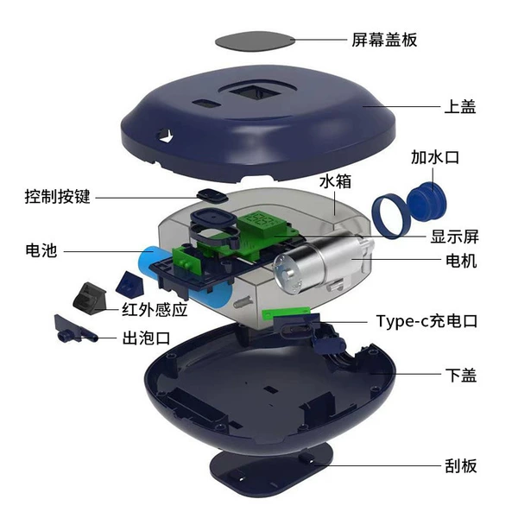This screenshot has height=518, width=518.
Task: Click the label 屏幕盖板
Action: [x=384, y=40]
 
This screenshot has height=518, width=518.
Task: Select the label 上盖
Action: [x=460, y=107]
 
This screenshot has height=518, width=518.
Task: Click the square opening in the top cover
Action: [x=254, y=92]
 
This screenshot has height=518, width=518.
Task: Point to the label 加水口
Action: [x=435, y=157]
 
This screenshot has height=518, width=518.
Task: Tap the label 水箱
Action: [x=335, y=181]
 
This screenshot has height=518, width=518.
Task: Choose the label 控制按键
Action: [x=58, y=197]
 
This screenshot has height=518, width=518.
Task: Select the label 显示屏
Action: [x=455, y=237]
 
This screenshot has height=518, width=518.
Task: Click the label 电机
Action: [x=461, y=261]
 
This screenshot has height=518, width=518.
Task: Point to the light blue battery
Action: [x=185, y=276]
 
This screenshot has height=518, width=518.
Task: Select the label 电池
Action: [x=41, y=250]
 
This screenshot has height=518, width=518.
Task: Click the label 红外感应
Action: [x=155, y=310]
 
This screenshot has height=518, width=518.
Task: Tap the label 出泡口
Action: [x=147, y=338]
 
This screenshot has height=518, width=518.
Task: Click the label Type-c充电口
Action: [x=426, y=321]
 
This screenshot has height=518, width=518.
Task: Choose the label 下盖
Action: [x=461, y=375]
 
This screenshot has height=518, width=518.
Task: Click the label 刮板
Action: [x=461, y=466]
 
